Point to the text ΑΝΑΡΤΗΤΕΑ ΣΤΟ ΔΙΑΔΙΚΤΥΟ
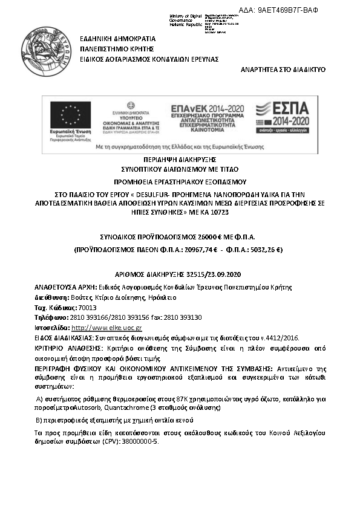(x=283, y=70)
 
